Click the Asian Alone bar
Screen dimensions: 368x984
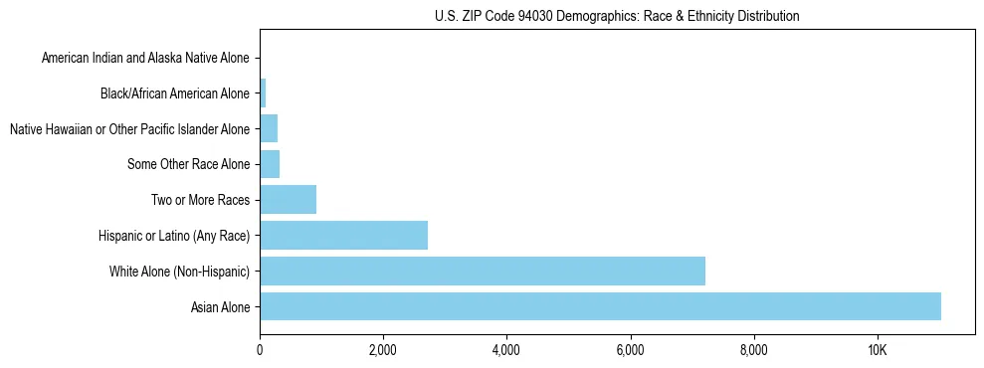[x=600, y=306]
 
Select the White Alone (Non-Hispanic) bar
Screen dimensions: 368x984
[x=483, y=271]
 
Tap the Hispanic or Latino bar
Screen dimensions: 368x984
[x=343, y=235]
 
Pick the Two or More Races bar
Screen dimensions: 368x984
[x=288, y=199]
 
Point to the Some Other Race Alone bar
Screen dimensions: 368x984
[x=270, y=164]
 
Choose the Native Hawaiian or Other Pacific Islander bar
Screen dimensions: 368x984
[x=269, y=128]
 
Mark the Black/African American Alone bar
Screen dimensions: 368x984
[x=263, y=93]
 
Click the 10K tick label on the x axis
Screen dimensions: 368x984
[x=878, y=350]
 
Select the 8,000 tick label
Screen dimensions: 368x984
[x=753, y=350]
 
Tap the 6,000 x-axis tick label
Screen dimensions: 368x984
[x=630, y=350]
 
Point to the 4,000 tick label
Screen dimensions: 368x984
[x=506, y=350]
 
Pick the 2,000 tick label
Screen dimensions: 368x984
[x=383, y=350]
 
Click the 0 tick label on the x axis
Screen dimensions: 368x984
[x=260, y=350]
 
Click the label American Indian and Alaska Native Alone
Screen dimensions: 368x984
[x=145, y=59]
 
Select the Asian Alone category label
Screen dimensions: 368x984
[x=220, y=307]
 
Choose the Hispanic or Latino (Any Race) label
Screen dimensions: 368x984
[x=174, y=236]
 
